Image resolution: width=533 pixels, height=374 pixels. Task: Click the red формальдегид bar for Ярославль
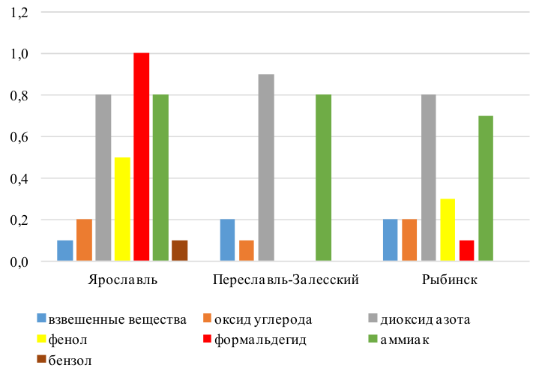tap(141, 157)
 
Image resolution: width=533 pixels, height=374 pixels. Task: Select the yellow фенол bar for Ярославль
tap(122, 209)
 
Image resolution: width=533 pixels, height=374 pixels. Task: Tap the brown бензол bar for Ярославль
tap(179, 251)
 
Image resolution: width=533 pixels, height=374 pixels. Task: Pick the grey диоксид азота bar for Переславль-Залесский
tap(266, 168)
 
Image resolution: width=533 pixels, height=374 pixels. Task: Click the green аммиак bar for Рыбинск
tap(486, 189)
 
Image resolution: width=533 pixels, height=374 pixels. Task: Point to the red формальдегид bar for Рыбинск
tap(466, 251)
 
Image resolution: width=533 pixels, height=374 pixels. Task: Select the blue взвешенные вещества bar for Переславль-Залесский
tap(228, 241)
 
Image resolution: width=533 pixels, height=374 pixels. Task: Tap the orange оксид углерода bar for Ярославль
tap(84, 241)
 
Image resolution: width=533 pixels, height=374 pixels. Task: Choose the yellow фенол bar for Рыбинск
tap(448, 230)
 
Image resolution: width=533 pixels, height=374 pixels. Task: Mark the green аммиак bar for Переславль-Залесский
tap(323, 178)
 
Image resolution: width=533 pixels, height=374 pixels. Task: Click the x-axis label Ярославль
tap(122, 280)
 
